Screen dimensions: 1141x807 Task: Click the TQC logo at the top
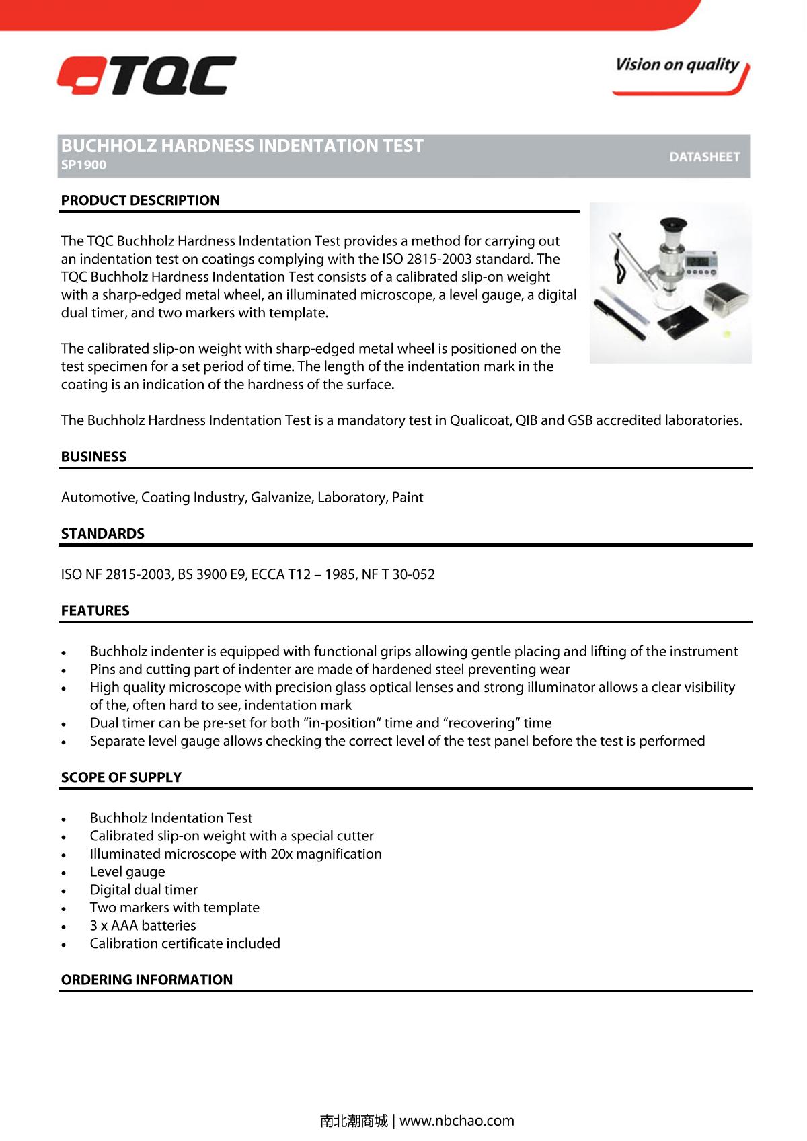click(x=147, y=75)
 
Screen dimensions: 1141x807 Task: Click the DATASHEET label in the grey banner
click(x=704, y=157)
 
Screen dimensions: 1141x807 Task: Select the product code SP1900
click(x=83, y=165)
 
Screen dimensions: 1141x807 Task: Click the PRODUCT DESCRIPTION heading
click(x=140, y=200)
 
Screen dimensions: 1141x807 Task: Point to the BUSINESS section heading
click(x=93, y=457)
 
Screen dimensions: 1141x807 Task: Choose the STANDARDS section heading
click(x=102, y=534)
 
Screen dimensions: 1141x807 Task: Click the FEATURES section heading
click(x=95, y=611)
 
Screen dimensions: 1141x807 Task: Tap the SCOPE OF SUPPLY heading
click(x=121, y=777)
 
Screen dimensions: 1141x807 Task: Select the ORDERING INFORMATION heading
click(x=147, y=980)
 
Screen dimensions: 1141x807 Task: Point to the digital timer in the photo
click(x=700, y=262)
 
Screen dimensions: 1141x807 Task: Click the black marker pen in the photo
click(x=619, y=320)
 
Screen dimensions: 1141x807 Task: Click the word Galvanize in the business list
click(x=281, y=498)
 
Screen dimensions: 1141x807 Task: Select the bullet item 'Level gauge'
click(x=127, y=872)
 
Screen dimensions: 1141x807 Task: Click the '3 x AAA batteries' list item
click(x=143, y=926)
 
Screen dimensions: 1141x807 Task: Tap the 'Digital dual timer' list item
click(x=143, y=890)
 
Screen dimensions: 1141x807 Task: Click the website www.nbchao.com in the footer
click(x=457, y=1121)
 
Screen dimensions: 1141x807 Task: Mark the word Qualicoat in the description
click(x=480, y=421)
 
